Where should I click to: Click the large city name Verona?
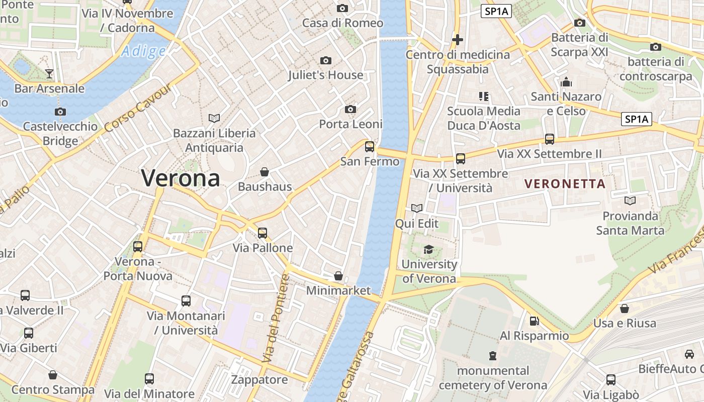click(181, 178)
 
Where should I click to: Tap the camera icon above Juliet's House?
click(326, 61)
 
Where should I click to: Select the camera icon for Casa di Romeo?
click(342, 8)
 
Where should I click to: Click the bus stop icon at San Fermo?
click(370, 147)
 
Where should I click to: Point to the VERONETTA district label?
click(565, 184)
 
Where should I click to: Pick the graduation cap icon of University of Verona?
click(428, 249)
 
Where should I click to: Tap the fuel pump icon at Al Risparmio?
click(534, 321)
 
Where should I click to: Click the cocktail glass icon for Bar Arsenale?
click(49, 74)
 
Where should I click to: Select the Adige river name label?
click(143, 51)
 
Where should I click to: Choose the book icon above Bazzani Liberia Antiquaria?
click(214, 119)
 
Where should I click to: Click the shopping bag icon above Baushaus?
click(265, 172)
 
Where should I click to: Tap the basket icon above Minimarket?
click(338, 276)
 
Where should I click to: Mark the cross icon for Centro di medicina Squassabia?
click(457, 39)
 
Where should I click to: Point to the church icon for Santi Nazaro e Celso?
click(566, 81)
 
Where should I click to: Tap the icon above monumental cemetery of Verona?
click(492, 356)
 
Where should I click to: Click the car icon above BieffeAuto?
click(689, 354)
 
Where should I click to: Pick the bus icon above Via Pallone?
click(262, 233)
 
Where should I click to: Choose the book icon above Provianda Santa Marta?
click(630, 201)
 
